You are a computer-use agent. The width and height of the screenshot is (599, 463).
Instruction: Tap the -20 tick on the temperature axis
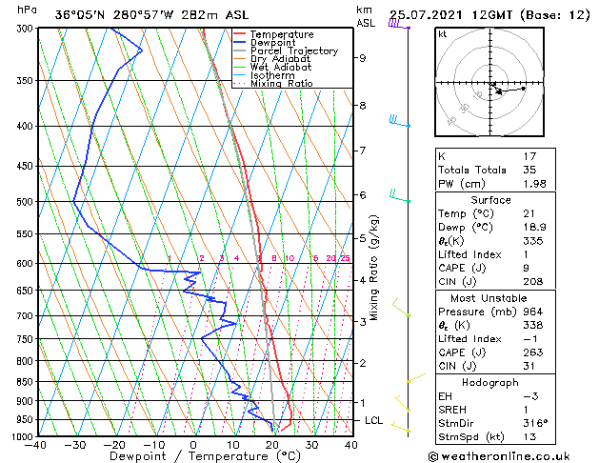tap(114, 444)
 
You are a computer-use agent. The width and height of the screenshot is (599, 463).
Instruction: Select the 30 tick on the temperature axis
tap(311, 444)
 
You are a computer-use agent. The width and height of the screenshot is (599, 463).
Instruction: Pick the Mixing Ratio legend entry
tap(282, 84)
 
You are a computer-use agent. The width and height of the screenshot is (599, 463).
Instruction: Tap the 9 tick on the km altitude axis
tap(363, 58)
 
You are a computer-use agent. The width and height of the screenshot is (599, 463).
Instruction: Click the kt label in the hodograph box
tap(442, 33)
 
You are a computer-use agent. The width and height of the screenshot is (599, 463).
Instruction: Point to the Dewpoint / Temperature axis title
tap(193, 456)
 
